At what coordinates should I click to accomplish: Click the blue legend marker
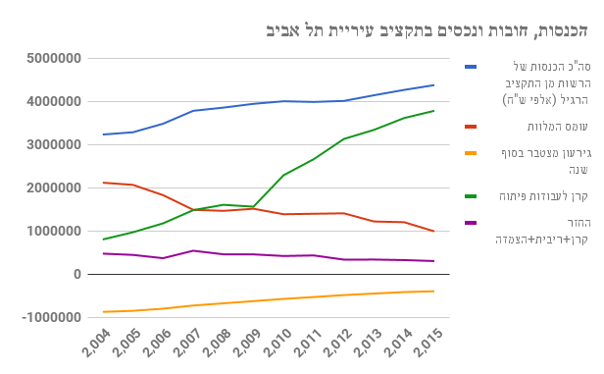coord(471,67)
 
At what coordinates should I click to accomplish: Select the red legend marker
coord(471,126)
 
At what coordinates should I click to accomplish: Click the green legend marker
coord(471,195)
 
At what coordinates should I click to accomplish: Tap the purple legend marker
coord(471,223)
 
